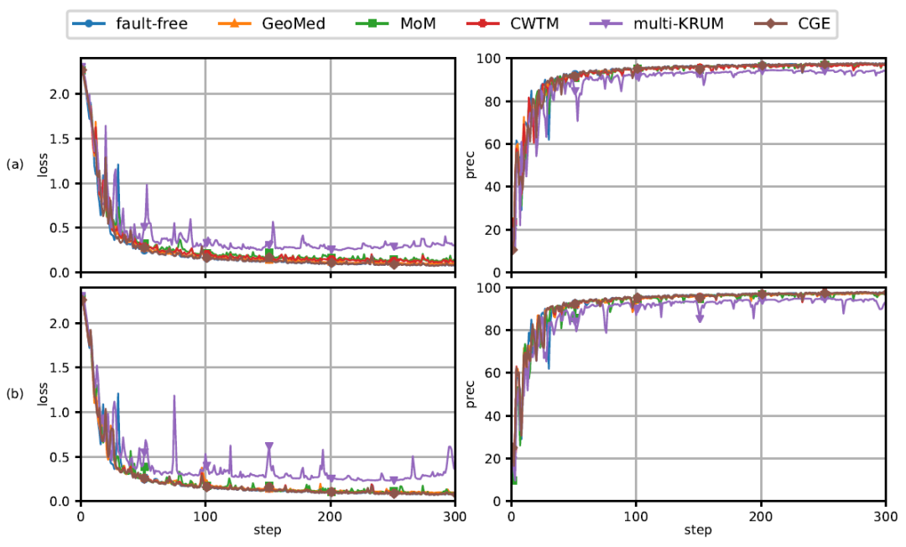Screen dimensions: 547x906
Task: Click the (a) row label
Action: pyautogui.click(x=15, y=165)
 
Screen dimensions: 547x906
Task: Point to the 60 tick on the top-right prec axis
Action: pyautogui.click(x=495, y=144)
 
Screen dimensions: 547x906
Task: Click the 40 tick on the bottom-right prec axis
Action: pyautogui.click(x=495, y=416)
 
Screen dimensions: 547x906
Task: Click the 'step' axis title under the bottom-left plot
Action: pyautogui.click(x=268, y=531)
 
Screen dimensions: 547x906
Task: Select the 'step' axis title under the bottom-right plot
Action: pyautogui.click(x=699, y=531)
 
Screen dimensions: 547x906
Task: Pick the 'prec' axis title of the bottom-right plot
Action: pyautogui.click(x=471, y=394)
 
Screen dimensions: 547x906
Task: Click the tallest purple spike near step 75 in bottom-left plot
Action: pyautogui.click(x=174, y=397)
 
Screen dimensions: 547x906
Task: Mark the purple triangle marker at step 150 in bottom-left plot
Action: pyautogui.click(x=269, y=446)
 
